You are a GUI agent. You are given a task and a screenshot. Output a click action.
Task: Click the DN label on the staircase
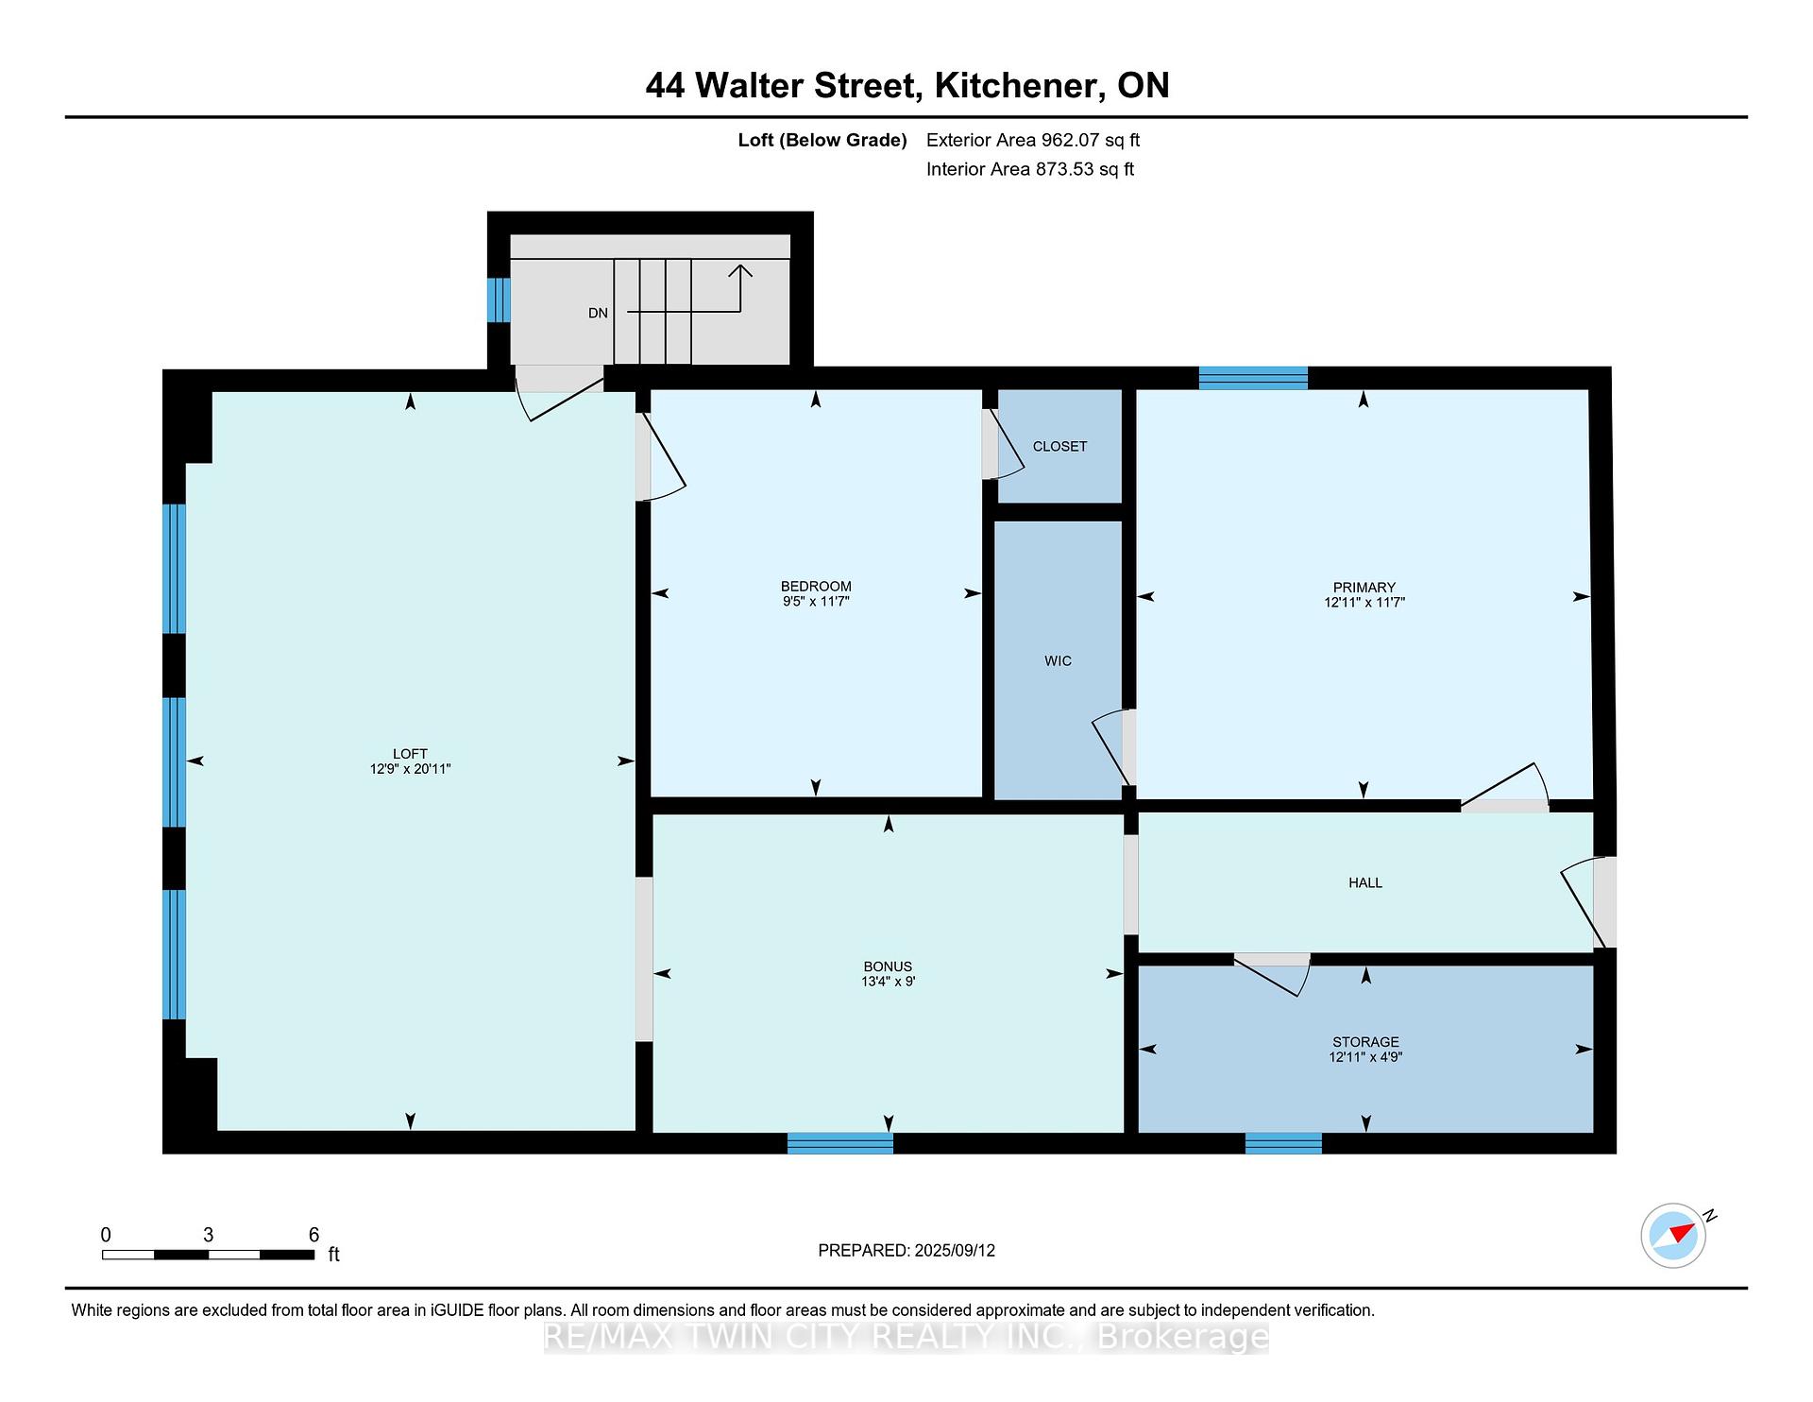(x=598, y=313)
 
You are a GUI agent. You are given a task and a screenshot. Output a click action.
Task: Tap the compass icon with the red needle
(x=1673, y=1235)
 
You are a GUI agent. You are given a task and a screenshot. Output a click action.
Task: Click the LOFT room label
(x=410, y=754)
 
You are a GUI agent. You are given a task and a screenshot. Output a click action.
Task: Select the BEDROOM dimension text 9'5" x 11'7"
(x=817, y=601)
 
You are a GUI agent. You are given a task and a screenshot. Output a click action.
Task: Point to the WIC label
(x=1059, y=661)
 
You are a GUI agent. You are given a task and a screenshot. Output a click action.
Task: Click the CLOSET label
(x=1059, y=446)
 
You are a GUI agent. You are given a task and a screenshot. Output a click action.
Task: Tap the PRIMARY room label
(x=1364, y=588)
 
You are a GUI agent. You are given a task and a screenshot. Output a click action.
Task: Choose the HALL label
(x=1365, y=882)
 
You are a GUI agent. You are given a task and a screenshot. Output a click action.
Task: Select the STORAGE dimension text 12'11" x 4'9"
(x=1365, y=1057)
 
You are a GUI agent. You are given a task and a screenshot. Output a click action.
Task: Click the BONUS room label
(x=888, y=966)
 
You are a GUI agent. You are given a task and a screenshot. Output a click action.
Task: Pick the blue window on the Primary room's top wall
(x=1253, y=378)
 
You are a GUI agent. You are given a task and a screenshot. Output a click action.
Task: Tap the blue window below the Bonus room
(x=840, y=1143)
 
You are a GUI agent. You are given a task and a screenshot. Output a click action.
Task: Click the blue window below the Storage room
(x=1283, y=1143)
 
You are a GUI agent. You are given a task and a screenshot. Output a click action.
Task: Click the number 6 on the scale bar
(x=314, y=1235)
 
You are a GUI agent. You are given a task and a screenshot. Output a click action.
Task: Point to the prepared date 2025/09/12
(x=955, y=1251)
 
